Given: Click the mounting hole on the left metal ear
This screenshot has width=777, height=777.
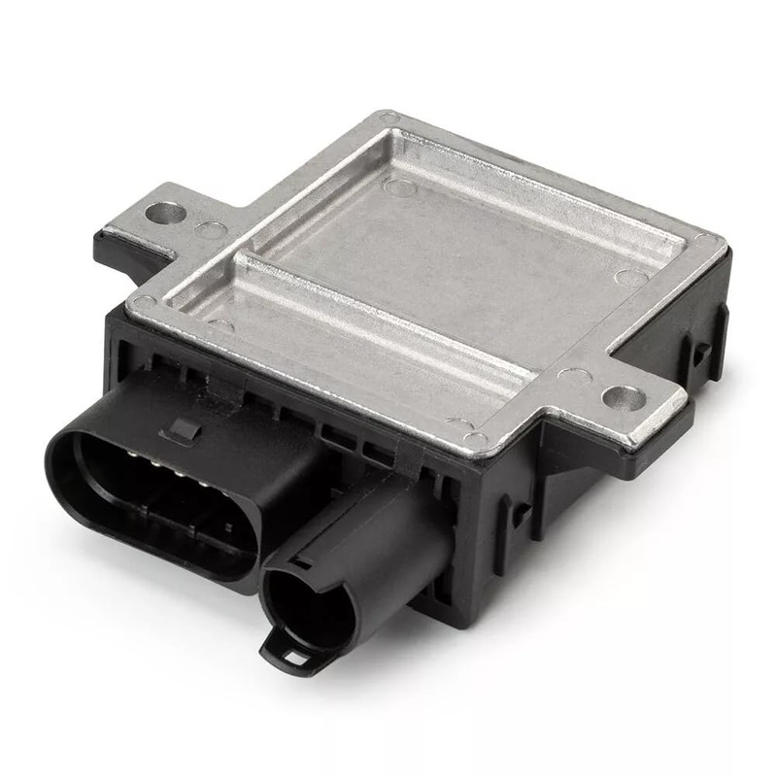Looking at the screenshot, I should click(x=165, y=212).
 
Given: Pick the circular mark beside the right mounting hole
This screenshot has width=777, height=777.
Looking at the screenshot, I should click(x=576, y=376).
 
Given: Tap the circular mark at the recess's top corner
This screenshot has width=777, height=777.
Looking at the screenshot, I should click(x=399, y=186).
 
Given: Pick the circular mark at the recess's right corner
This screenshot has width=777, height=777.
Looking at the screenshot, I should click(x=630, y=278).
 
